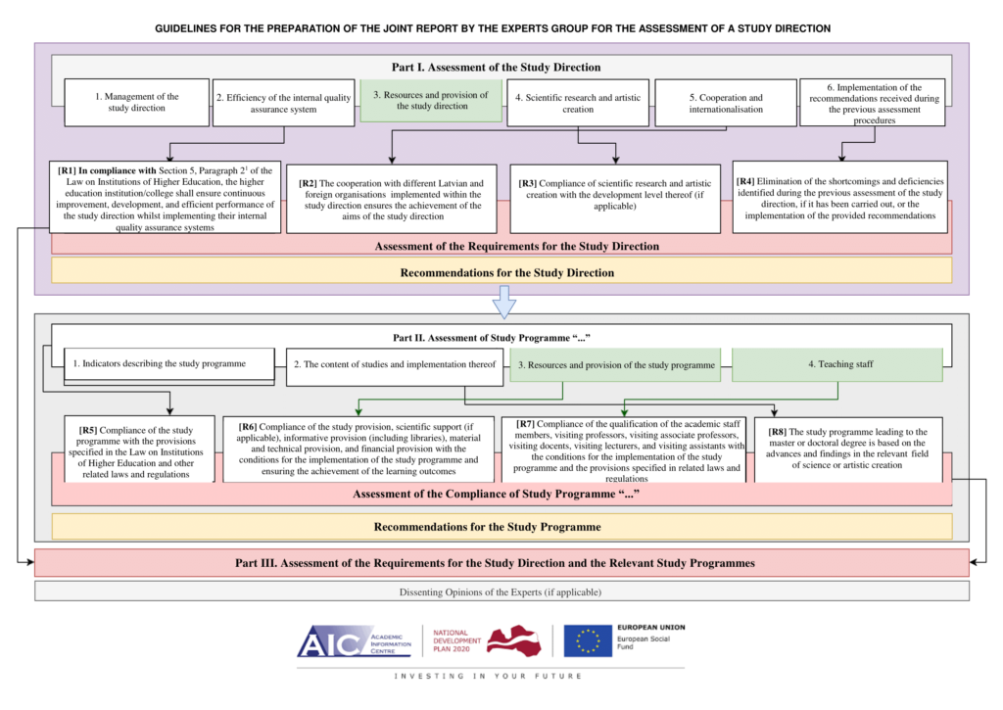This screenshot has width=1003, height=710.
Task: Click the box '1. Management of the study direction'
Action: pos(137,102)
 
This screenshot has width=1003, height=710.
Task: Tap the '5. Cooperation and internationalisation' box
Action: pos(725,103)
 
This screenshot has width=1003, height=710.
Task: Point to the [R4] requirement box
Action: pos(840,197)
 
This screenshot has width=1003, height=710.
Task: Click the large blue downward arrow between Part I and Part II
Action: pos(502,301)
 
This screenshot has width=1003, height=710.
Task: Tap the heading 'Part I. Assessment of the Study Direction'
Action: pos(496,68)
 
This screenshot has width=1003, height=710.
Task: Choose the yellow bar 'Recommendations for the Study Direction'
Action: pos(501,271)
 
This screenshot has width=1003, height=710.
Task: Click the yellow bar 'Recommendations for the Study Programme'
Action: pos(501,527)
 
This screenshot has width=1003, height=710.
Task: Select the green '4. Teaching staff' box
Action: pos(836,364)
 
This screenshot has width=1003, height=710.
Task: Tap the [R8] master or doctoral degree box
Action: pos(852,448)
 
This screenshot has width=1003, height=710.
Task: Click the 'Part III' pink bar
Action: pos(501,563)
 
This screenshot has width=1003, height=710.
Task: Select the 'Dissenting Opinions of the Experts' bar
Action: pos(501,592)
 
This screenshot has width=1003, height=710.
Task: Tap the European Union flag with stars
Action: pos(588,640)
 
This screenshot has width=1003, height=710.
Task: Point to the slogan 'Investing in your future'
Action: pos(487,677)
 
